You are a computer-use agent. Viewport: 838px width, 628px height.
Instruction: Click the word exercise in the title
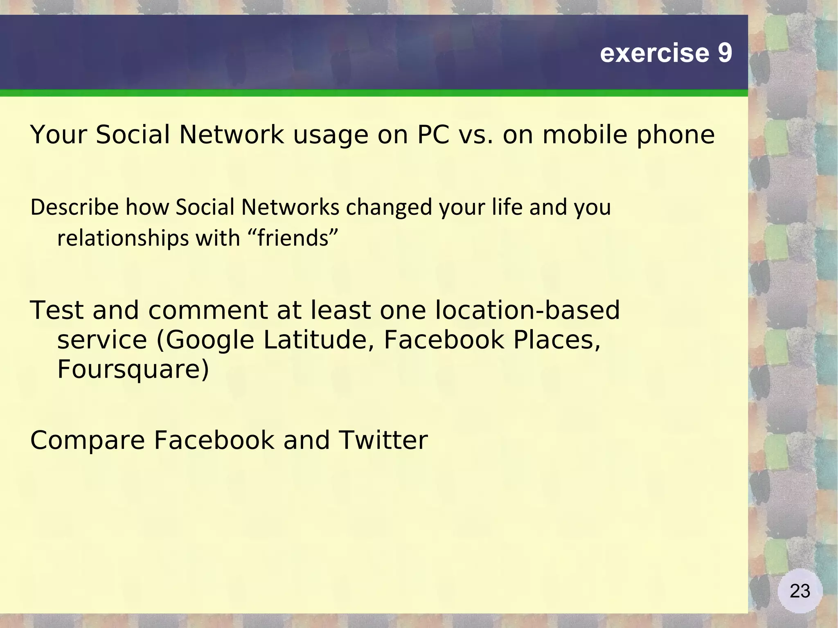click(x=654, y=53)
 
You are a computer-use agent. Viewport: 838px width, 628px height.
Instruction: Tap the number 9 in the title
click(x=725, y=53)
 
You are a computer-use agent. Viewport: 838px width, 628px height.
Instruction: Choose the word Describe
click(x=74, y=207)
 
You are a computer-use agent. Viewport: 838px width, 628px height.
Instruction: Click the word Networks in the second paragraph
click(x=290, y=207)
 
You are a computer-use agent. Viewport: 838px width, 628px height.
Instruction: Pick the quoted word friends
click(x=293, y=238)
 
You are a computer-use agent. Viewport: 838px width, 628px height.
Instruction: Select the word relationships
click(x=123, y=238)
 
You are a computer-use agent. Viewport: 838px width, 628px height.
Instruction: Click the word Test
click(x=57, y=310)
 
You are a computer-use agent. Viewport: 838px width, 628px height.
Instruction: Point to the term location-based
click(x=527, y=310)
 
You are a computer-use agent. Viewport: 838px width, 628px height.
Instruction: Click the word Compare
click(x=88, y=441)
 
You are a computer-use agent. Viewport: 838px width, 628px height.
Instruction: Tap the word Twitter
click(x=383, y=440)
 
